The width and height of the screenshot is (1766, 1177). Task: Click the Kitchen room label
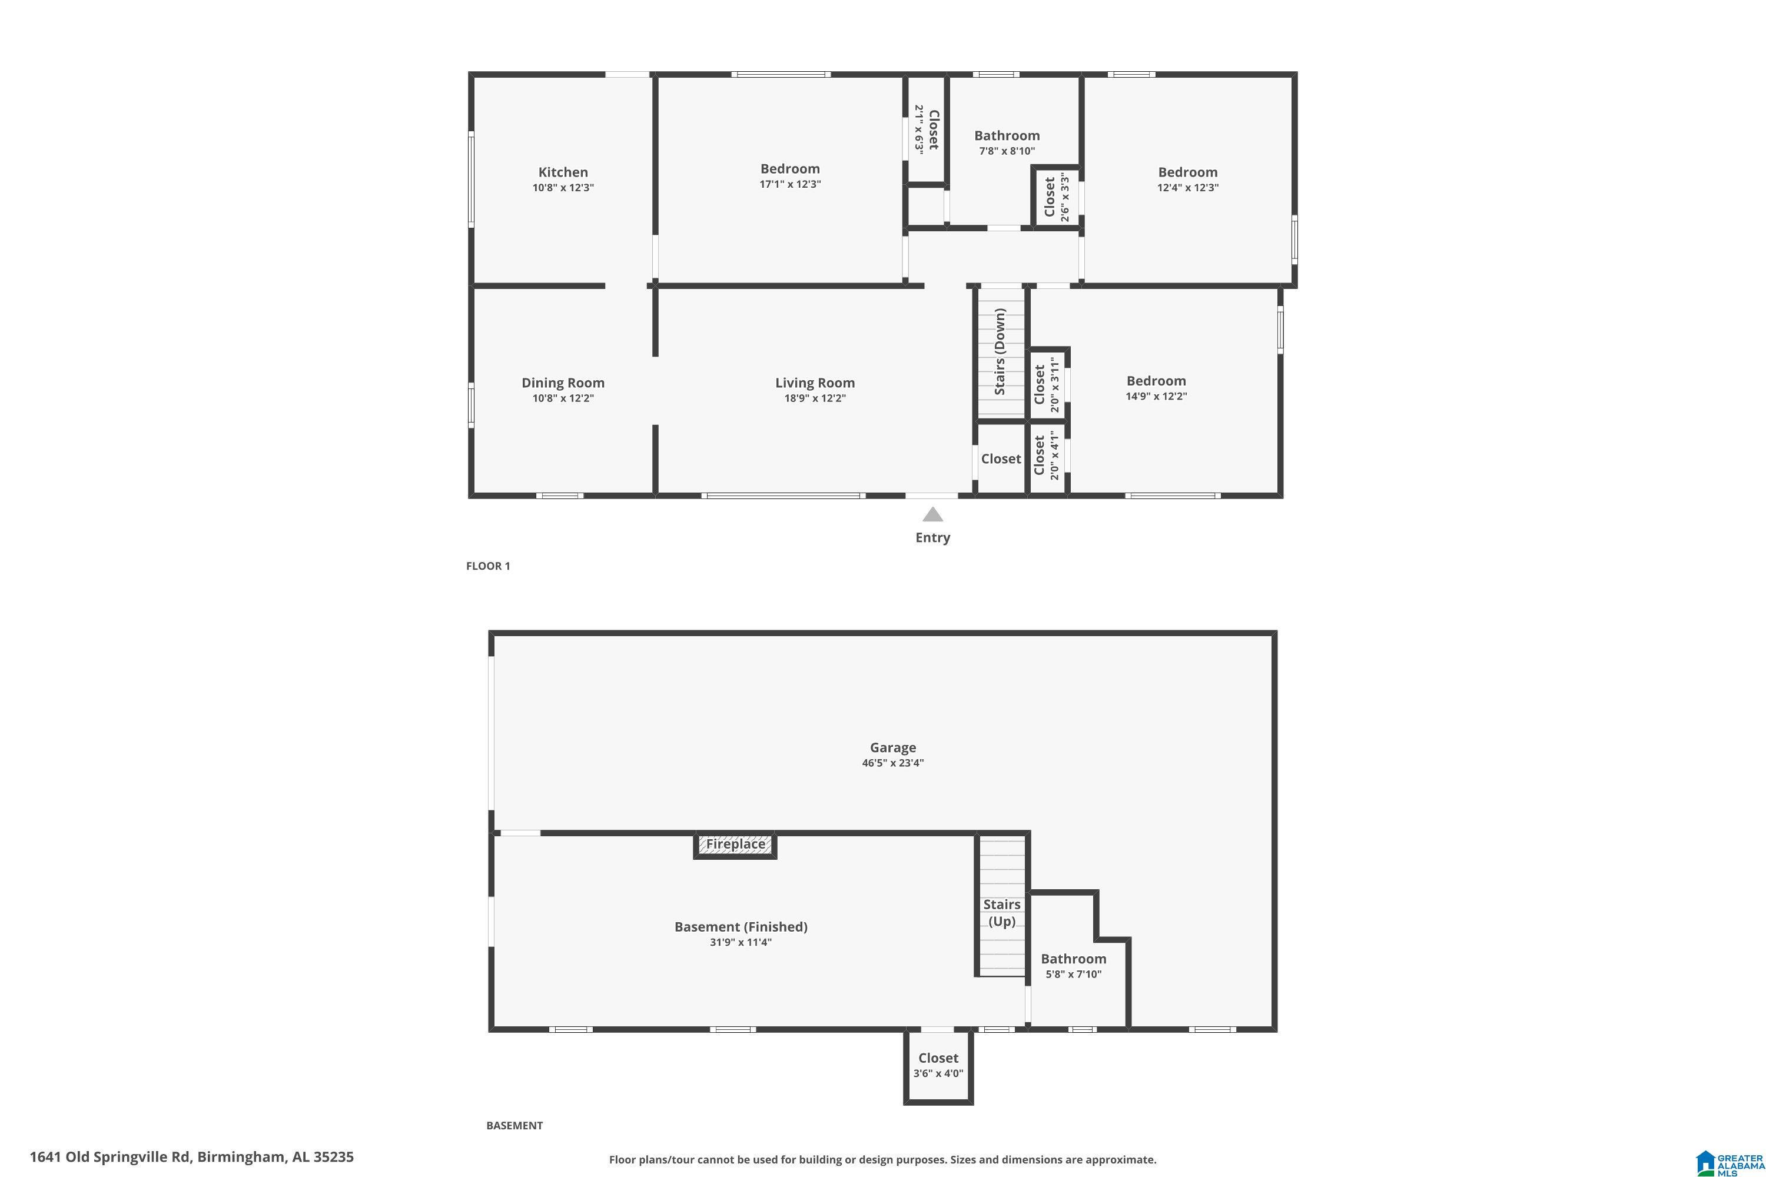[x=563, y=172]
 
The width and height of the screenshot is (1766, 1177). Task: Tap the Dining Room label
[x=563, y=383]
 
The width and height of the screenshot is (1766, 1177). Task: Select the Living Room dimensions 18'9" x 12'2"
[x=815, y=398]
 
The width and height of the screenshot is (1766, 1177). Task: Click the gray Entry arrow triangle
[x=932, y=514]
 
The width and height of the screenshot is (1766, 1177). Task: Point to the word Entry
[x=932, y=537]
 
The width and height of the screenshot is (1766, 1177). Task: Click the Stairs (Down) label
[x=1000, y=351]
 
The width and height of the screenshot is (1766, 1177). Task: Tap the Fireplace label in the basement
[x=736, y=844]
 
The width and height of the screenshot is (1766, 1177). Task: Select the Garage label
[x=893, y=747]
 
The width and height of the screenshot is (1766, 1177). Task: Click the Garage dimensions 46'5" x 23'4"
[x=893, y=763]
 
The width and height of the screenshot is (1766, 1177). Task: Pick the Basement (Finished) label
[x=741, y=927]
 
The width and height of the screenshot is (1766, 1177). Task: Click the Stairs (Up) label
[x=1002, y=913]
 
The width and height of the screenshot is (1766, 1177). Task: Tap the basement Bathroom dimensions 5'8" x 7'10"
[x=1074, y=975]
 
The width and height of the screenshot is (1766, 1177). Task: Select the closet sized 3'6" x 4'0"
[x=938, y=1066]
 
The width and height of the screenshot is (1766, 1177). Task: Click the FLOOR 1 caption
[x=488, y=566]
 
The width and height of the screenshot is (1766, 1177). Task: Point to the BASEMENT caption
[x=514, y=1125]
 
